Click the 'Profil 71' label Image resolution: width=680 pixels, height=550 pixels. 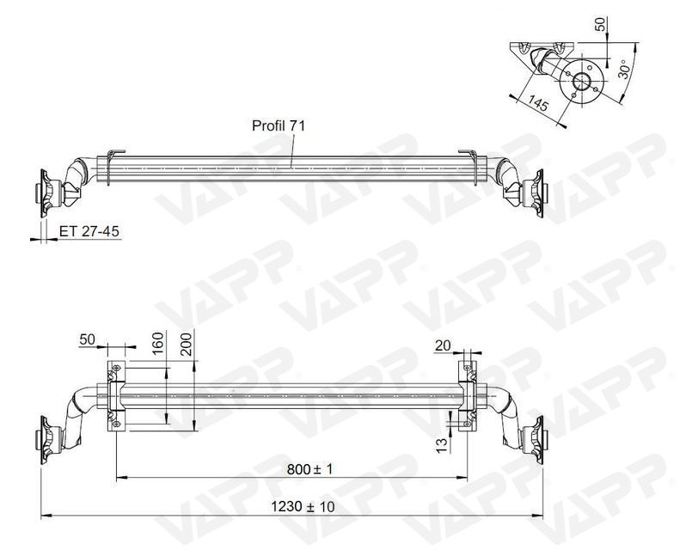[x=278, y=125]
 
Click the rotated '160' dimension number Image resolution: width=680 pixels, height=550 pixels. [x=157, y=345]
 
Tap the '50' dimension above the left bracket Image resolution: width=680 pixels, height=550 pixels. [x=88, y=339]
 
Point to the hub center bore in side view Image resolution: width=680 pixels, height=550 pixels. [x=582, y=82]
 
